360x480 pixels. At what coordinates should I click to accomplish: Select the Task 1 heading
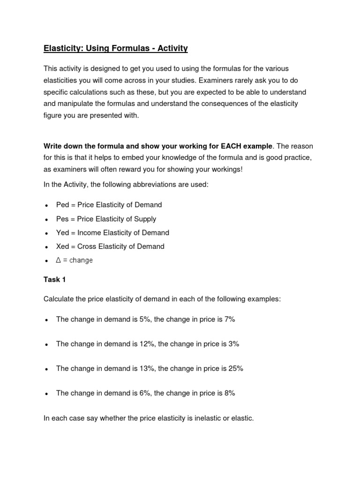tap(55, 279)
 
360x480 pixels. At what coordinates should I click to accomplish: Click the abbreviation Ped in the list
tap(62, 205)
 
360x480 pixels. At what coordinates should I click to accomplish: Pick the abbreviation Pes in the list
tap(62, 219)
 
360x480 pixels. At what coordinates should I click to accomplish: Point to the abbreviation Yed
tap(62, 232)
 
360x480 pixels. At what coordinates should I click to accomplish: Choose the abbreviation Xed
tap(62, 247)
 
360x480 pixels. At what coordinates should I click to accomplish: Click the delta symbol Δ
tap(59, 260)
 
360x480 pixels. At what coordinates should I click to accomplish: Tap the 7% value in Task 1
tap(229, 319)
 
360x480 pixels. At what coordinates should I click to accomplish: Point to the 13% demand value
tap(146, 368)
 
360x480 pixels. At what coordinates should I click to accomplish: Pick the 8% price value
tap(229, 393)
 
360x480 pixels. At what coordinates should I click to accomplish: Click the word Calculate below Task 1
tap(59, 299)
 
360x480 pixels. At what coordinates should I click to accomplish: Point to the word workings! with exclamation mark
tap(227, 170)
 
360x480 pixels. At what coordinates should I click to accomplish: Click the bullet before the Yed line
tap(46, 233)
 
